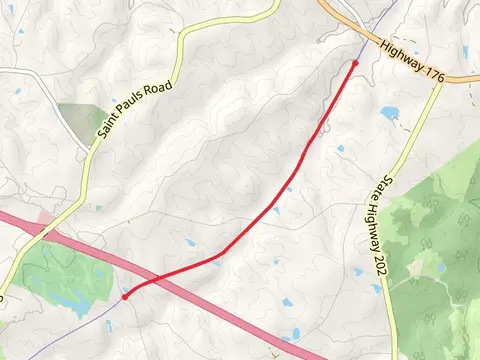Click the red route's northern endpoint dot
(x=355, y=63)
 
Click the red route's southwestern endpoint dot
(x=125, y=297)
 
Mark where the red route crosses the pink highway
(x=146, y=284)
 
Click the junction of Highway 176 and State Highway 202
(x=441, y=79)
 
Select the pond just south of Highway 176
(x=390, y=112)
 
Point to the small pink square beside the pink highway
(x=44, y=216)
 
